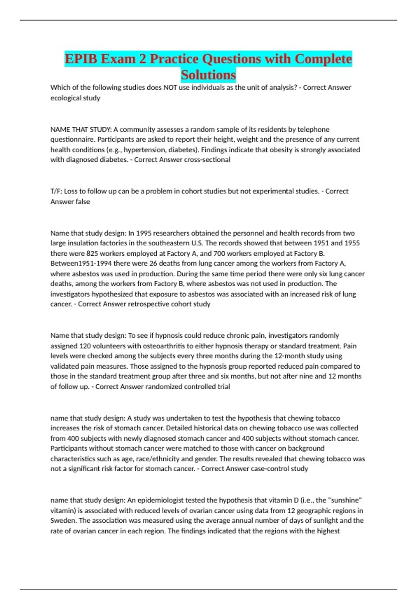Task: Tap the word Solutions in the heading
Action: [208, 75]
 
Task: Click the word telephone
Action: [313, 129]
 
